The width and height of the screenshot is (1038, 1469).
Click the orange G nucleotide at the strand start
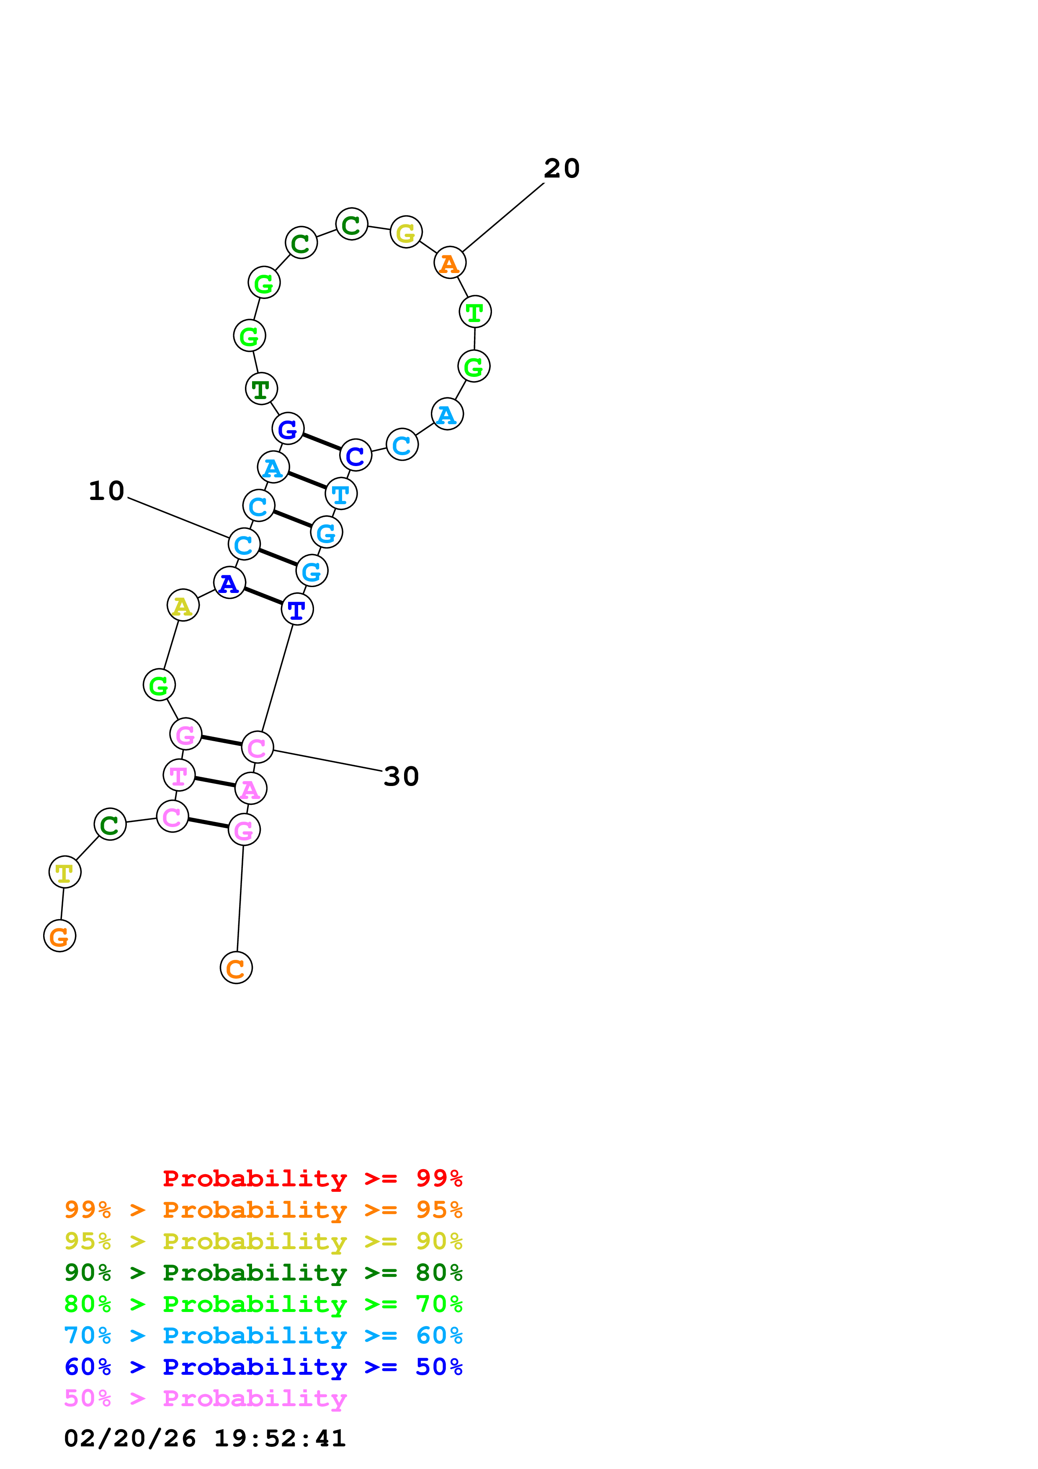point(59,936)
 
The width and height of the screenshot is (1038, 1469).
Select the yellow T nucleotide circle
point(64,872)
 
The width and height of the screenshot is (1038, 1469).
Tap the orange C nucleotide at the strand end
point(236,968)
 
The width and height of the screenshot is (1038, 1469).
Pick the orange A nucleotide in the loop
point(450,262)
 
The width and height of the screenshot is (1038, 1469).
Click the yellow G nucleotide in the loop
point(406,232)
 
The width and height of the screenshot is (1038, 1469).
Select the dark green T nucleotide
point(261,388)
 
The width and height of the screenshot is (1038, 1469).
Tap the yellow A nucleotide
point(183,605)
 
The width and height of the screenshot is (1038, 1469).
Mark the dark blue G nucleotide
point(288,429)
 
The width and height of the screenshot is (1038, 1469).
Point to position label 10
point(106,491)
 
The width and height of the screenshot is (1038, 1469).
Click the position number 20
point(561,169)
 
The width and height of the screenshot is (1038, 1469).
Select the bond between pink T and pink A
point(215,782)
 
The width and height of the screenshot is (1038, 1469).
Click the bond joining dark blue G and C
point(322,442)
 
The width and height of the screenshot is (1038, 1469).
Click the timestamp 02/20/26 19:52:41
point(205,1438)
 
